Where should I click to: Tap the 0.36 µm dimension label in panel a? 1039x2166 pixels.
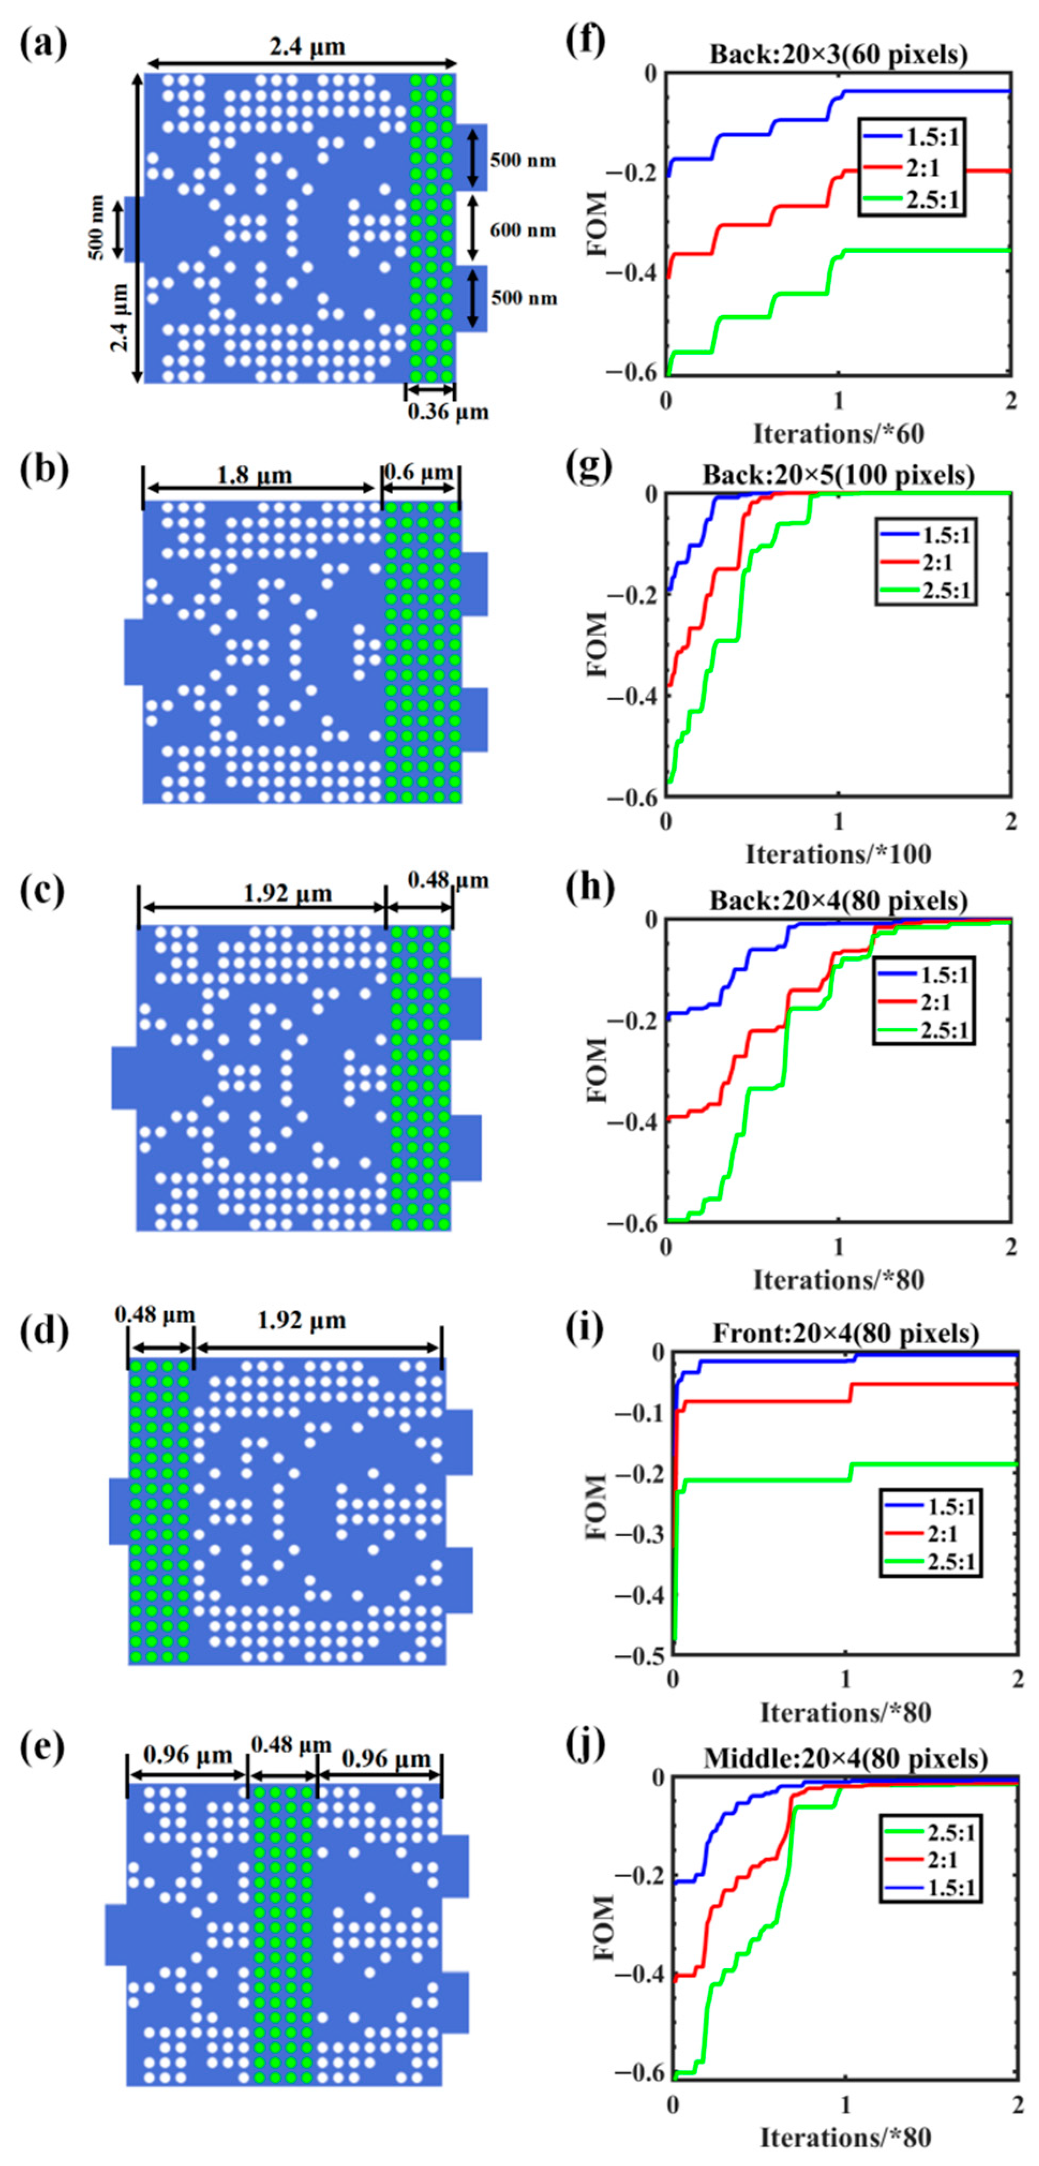point(447,412)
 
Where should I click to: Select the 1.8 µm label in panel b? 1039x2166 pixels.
point(254,475)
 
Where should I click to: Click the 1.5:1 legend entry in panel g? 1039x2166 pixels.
point(946,535)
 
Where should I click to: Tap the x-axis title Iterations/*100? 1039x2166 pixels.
point(838,854)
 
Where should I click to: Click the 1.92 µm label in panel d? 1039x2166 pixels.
point(301,1320)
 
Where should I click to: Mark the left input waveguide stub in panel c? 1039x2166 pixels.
point(124,1077)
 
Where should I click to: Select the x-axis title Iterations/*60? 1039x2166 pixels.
point(838,434)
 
